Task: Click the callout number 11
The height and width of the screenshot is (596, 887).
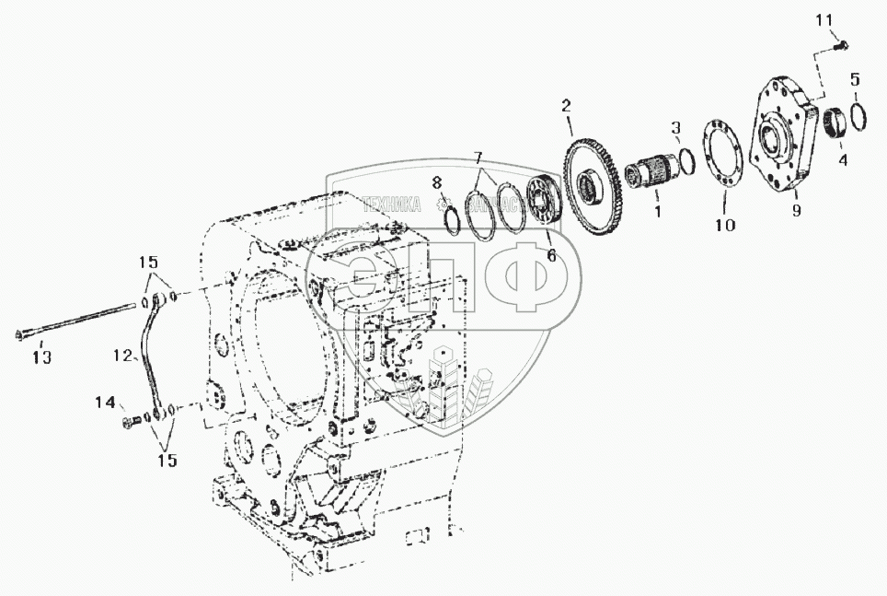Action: tap(825, 18)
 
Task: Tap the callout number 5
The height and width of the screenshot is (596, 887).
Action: tap(855, 79)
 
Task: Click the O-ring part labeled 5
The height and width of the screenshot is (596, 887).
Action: tap(858, 118)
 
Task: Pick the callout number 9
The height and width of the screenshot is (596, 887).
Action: tap(797, 210)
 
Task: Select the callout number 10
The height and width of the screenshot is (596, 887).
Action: tap(725, 224)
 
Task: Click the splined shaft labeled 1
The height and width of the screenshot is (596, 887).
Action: tap(645, 173)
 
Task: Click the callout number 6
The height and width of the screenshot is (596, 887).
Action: tap(551, 254)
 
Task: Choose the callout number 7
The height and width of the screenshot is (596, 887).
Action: tap(478, 157)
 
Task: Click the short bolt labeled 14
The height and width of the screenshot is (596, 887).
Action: tap(130, 422)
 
